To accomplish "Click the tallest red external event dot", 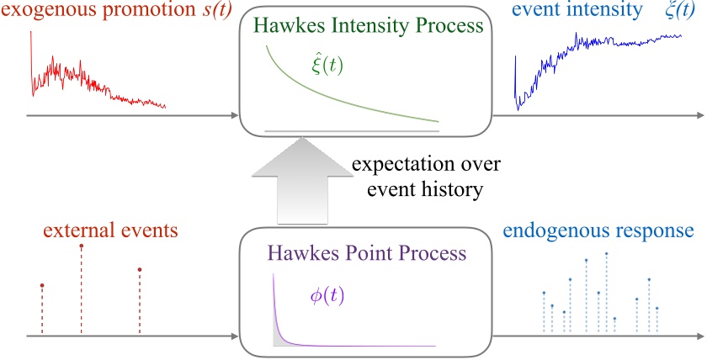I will coord(82,246).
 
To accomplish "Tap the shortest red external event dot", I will coord(41,286).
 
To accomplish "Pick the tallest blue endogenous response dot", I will coord(607,252).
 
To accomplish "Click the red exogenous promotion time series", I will coord(84,80).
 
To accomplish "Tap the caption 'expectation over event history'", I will coord(418,176).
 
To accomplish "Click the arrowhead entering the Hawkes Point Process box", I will coord(235,336).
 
